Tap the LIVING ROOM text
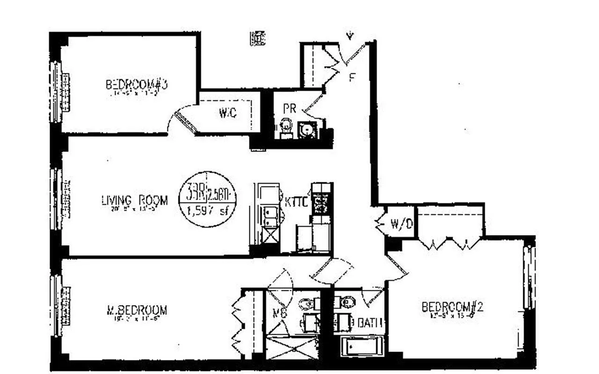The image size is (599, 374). pyautogui.click(x=134, y=201)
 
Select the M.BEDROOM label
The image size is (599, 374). pyautogui.click(x=136, y=310)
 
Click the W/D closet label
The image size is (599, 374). pyautogui.click(x=402, y=224)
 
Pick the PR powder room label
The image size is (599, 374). pyautogui.click(x=290, y=108)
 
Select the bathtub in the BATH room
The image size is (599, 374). pyautogui.click(x=362, y=347)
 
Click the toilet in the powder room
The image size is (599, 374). pyautogui.click(x=285, y=129)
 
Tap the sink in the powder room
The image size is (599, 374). pyautogui.click(x=307, y=129)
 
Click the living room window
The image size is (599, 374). pyautogui.click(x=57, y=199)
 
